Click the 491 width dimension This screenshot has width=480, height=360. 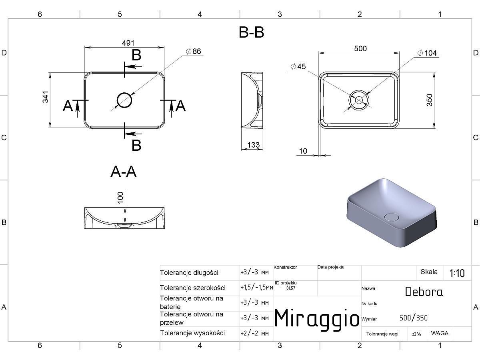[128, 43]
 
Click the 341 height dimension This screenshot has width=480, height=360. [46, 97]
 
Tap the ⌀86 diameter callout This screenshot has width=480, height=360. [193, 51]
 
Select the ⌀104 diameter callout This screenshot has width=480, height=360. [427, 53]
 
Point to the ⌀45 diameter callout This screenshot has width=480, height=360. [298, 66]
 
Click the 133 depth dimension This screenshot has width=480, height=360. [254, 145]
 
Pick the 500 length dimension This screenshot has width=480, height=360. [360, 48]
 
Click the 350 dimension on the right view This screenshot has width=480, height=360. [430, 100]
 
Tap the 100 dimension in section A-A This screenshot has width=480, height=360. [120, 198]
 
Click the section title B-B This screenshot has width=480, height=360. [252, 32]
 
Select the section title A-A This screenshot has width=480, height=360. [124, 172]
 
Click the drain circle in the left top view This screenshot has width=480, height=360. [124, 100]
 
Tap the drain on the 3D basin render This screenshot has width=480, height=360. [391, 217]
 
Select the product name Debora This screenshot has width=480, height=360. [424, 292]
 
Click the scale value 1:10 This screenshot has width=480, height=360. [457, 273]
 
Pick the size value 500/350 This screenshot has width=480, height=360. [413, 318]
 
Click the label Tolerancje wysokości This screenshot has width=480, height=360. [192, 333]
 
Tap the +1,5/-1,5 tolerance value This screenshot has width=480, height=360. [257, 288]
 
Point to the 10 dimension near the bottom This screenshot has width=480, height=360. [303, 151]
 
